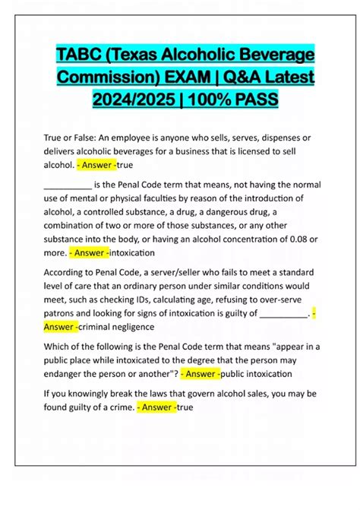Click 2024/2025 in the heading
(x=129, y=100)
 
